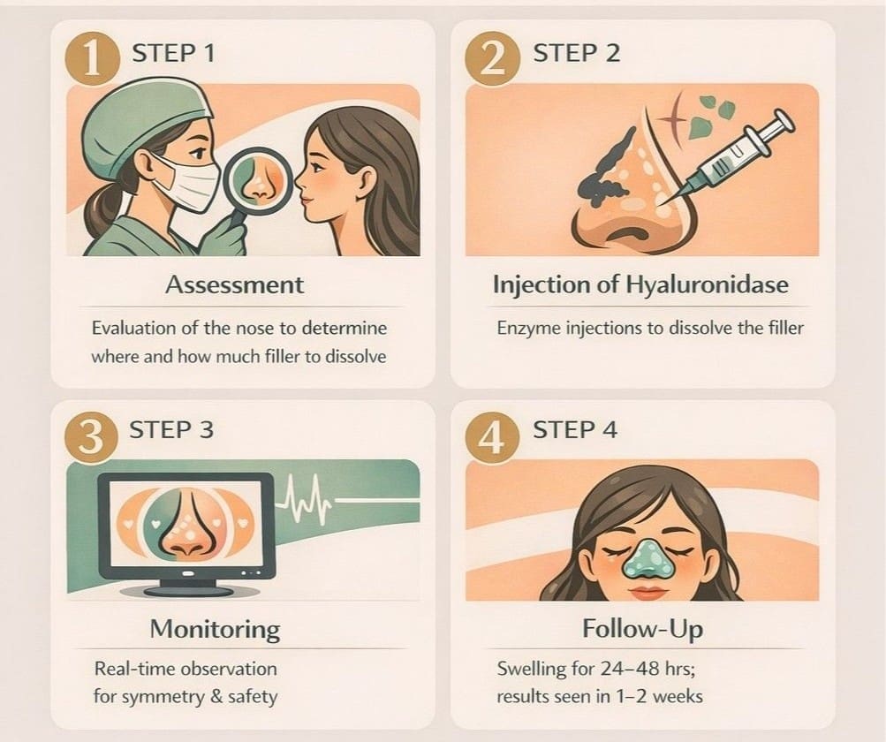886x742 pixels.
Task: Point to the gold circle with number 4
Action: tap(491, 432)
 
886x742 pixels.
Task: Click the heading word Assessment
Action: tap(234, 284)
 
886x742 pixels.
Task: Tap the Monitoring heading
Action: tap(215, 629)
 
